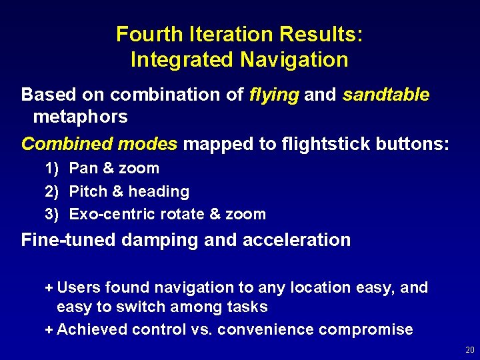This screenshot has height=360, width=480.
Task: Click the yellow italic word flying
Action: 274,95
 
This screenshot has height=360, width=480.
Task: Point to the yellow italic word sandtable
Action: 386,95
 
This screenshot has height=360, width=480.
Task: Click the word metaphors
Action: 80,117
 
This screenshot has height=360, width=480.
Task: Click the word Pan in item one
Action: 82,169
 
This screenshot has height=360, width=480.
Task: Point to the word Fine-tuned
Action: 69,240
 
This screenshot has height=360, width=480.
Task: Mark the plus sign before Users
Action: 48,288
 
